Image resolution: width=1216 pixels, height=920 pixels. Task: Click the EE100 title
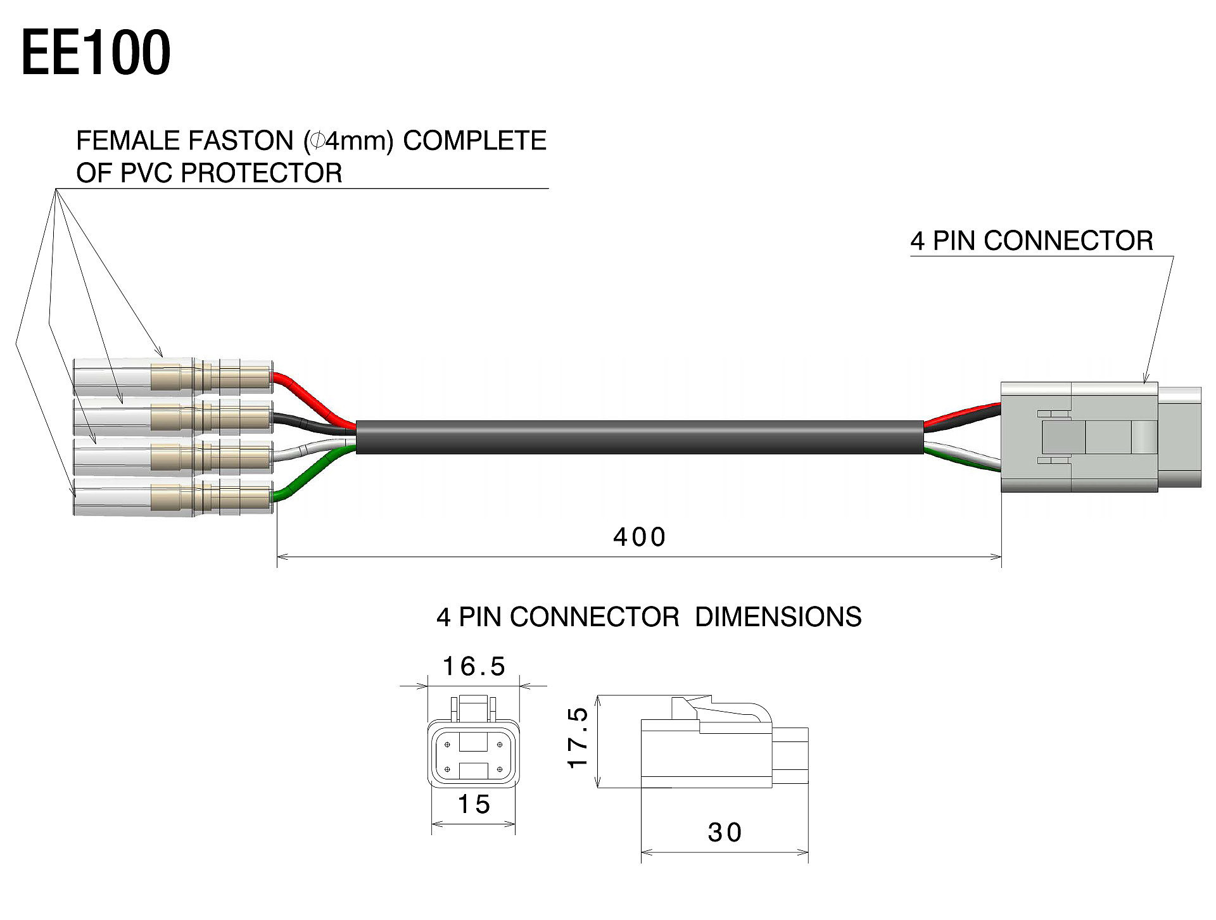96,53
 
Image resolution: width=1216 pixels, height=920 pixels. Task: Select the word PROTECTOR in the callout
262,173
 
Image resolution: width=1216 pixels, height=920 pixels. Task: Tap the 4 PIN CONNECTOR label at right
1032,241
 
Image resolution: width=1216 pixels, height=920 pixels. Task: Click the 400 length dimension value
640,538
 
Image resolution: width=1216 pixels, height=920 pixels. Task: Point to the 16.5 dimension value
474,667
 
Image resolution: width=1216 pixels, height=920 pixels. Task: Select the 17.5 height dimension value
578,738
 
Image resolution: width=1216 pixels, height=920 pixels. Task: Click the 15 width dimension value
474,805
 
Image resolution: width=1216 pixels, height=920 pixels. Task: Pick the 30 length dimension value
725,833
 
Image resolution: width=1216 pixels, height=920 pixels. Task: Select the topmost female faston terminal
172,377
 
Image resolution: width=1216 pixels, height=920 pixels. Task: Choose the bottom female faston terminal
172,496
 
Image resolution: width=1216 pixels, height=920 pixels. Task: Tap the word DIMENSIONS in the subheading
778,617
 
